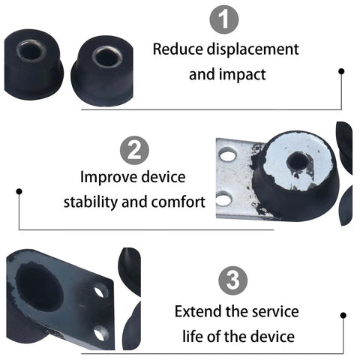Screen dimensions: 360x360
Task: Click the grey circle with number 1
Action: point(224,19)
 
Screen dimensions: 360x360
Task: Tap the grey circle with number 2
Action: point(134,150)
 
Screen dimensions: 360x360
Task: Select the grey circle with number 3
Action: point(233,280)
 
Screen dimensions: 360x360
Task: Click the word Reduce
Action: point(178,49)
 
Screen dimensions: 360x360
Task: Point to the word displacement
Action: point(253,49)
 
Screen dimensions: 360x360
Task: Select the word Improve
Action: point(109,178)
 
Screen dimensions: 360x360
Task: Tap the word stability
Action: point(91,202)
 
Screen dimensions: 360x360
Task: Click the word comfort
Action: point(178,202)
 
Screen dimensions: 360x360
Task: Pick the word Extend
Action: point(198,311)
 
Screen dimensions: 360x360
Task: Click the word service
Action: point(275,312)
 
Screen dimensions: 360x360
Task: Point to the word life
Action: point(193,336)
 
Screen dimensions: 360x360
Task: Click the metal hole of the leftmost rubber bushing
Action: point(31,51)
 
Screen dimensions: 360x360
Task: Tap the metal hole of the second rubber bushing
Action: point(107,58)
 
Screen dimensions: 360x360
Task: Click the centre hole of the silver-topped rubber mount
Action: point(297,161)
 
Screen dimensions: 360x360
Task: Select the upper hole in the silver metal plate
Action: point(227,155)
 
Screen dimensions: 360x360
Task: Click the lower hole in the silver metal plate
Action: point(223,199)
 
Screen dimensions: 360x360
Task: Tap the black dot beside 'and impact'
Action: point(341,71)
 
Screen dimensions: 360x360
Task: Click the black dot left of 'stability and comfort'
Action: point(19,191)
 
